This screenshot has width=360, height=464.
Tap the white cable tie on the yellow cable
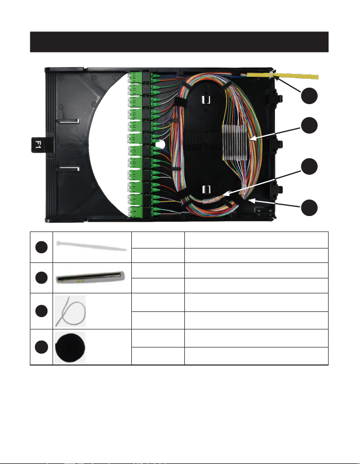click(271, 74)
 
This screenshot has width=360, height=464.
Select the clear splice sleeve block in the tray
click(234, 142)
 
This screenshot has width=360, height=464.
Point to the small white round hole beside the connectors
click(160, 145)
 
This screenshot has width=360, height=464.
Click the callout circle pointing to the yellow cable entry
click(310, 96)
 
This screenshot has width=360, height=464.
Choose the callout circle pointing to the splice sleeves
click(310, 125)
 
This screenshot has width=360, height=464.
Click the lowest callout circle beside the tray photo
click(310, 207)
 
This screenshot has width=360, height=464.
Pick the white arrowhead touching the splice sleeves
click(251, 138)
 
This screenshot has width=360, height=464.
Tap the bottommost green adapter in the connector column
click(135, 211)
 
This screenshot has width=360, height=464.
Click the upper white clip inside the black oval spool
click(206, 100)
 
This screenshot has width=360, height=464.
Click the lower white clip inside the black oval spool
click(206, 189)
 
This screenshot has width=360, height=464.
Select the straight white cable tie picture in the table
click(92, 246)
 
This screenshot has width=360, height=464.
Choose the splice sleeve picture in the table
click(90, 277)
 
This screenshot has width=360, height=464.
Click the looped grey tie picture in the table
click(71, 311)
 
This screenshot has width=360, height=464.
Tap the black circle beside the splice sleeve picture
click(41, 277)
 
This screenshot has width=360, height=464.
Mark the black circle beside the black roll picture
click(41, 347)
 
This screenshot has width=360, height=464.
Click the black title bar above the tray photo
click(179, 42)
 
